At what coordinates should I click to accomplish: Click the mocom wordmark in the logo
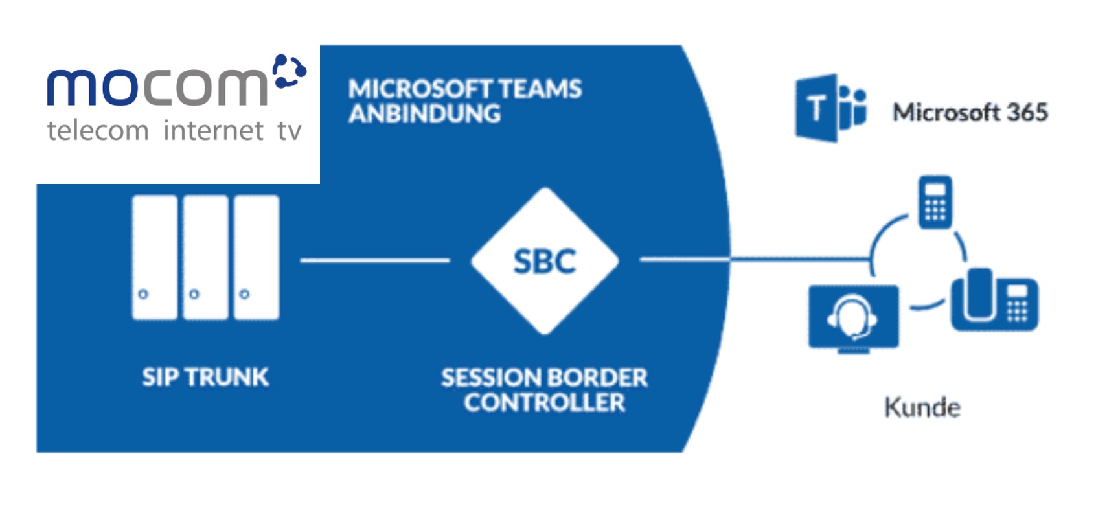(157, 86)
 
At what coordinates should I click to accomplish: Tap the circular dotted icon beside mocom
(289, 71)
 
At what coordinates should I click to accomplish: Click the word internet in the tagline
(213, 131)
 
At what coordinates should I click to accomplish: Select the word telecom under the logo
(98, 131)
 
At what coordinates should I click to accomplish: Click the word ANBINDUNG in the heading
(424, 114)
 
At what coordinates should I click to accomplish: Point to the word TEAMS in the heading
(540, 89)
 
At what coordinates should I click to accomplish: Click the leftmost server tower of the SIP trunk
(154, 257)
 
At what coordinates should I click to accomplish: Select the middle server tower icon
(205, 257)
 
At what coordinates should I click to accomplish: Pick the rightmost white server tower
(257, 257)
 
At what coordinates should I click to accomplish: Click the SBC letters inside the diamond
(544, 262)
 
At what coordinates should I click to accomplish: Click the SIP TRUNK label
(205, 377)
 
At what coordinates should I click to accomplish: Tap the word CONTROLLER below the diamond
(544, 403)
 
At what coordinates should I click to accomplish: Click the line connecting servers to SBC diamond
(374, 260)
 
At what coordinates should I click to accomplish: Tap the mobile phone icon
(935, 201)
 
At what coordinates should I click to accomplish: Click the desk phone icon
(994, 300)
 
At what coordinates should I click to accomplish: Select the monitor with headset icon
(854, 318)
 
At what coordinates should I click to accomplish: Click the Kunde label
(922, 408)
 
